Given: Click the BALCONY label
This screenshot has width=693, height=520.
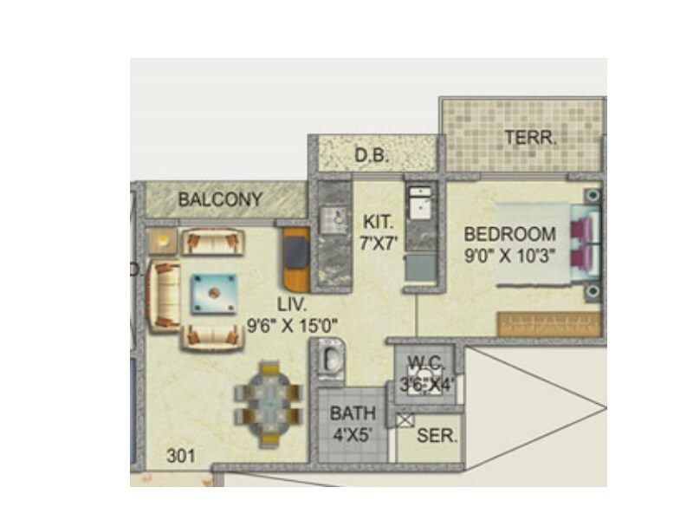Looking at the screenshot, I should click(x=220, y=199).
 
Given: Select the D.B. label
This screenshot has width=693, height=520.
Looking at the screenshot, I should click(x=371, y=157).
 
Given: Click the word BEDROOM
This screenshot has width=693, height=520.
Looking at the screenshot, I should click(x=509, y=234).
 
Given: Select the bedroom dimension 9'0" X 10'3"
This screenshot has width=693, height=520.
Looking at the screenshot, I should click(x=509, y=256).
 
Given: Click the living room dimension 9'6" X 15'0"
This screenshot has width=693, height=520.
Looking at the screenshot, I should click(x=292, y=327).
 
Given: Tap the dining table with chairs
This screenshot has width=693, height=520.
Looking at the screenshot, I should click(x=269, y=403).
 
